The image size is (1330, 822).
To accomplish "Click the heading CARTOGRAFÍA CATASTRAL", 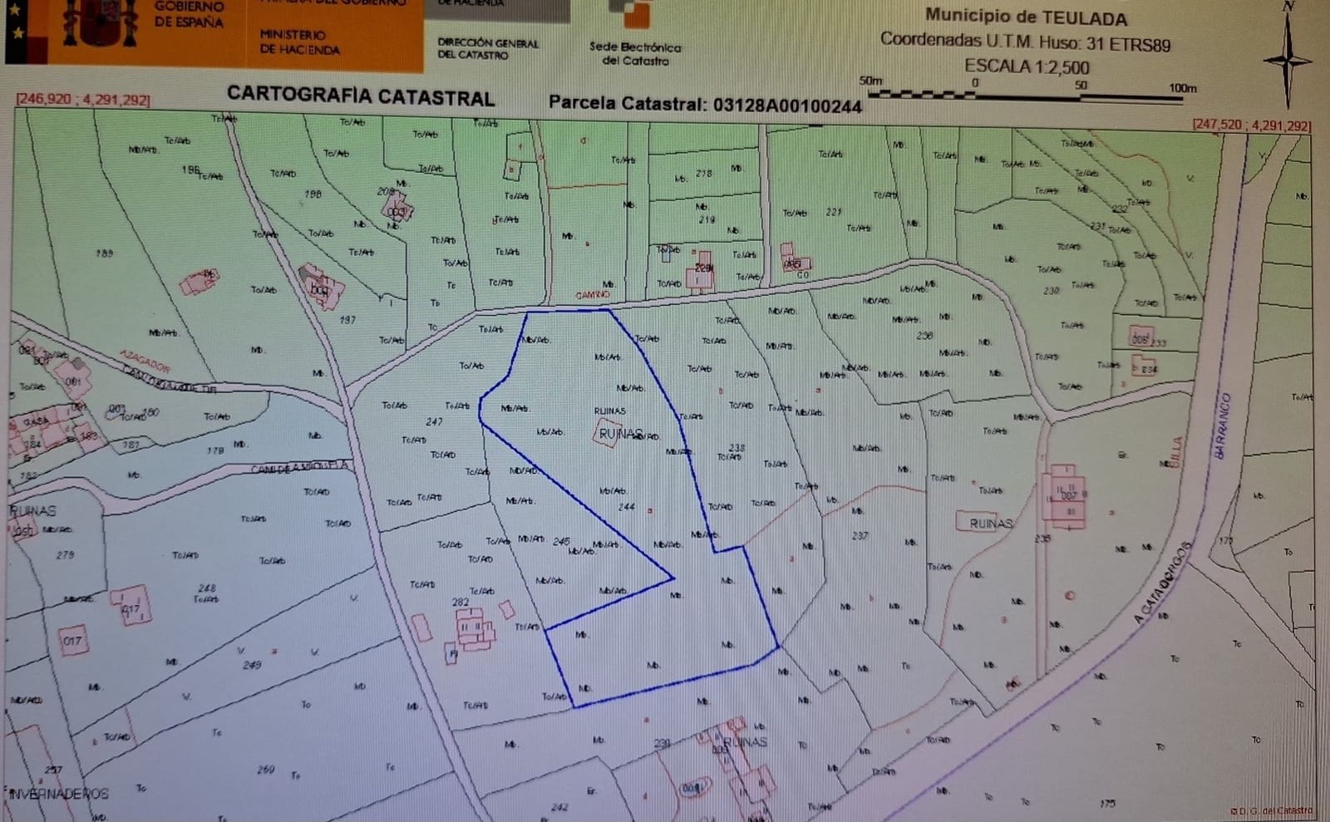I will tap(361, 96).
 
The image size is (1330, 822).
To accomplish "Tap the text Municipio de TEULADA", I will tap(1026, 17).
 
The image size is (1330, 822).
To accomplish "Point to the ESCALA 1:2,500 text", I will tap(1026, 66).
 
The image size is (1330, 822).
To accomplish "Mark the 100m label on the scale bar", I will tap(1182, 88).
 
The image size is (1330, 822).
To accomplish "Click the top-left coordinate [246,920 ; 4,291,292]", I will tap(82, 100).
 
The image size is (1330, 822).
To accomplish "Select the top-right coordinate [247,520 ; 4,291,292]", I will tap(1251, 126).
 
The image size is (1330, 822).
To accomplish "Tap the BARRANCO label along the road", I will tap(1222, 424).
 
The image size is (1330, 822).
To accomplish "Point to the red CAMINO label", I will tap(593, 295).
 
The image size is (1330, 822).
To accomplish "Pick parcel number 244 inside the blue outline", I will tap(626, 506).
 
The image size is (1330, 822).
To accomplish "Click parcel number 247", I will tap(434, 421).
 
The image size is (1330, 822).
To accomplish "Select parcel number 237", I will tap(860, 536).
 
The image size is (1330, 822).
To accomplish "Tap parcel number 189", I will tap(104, 253).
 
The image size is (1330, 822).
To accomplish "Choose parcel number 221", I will tap(834, 212).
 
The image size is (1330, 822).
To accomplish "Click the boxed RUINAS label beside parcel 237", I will tap(990, 523).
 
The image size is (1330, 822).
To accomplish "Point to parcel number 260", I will tap(266, 770).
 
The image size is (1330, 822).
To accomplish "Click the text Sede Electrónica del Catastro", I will tap(635, 54).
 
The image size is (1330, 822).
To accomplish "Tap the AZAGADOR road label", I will tap(145, 361).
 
